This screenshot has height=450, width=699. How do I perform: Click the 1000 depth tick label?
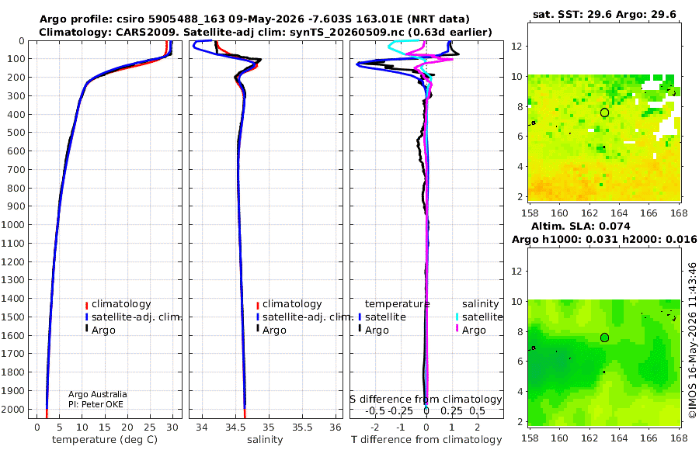[12, 225]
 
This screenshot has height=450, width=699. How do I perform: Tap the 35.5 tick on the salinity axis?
[302, 427]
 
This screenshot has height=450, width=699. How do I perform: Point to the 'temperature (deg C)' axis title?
[105, 440]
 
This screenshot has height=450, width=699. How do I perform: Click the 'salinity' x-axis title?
[265, 440]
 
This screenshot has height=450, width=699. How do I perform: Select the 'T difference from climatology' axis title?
[426, 440]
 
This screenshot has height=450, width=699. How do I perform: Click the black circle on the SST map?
[604, 112]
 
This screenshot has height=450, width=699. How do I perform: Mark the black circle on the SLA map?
[604, 337]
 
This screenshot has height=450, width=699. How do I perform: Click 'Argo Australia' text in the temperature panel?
[98, 394]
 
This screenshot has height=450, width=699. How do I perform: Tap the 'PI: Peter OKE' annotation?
[96, 404]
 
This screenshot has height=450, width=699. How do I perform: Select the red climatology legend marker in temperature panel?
[86, 305]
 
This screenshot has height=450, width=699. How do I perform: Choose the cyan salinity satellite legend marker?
[457, 317]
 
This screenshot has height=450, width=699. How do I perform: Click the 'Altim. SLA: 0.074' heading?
[580, 226]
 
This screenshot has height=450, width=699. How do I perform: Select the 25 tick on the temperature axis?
[150, 427]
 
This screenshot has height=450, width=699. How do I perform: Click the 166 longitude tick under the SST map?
[649, 213]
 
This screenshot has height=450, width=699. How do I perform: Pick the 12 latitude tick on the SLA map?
[516, 272]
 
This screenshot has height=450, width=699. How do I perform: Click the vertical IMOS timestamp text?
[692, 341]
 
